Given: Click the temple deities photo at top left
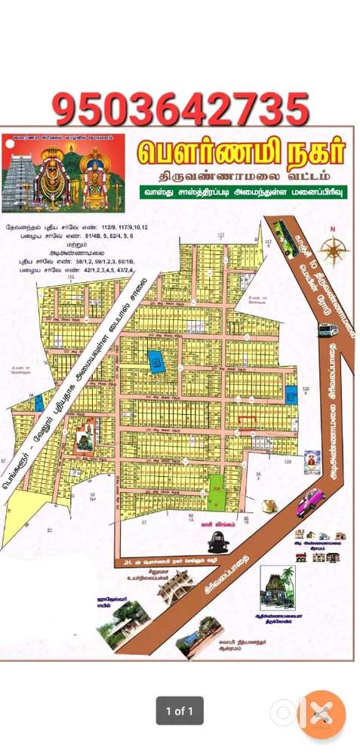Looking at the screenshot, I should [x=63, y=173].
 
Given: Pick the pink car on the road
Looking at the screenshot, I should [x=309, y=502].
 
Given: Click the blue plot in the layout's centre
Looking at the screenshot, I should [x=156, y=362].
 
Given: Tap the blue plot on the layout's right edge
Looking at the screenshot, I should [x=291, y=394].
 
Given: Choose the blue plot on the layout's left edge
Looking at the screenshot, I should [x=38, y=403].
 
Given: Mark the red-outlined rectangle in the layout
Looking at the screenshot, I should [x=247, y=420].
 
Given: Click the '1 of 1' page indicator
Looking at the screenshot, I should [x=180, y=710].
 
